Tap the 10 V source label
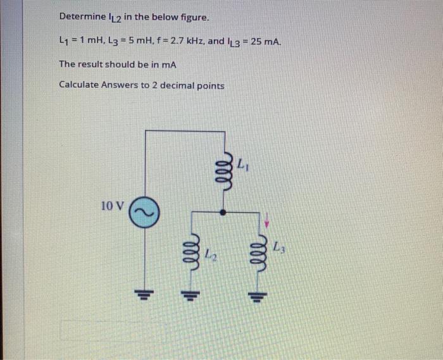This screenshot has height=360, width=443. [113, 206]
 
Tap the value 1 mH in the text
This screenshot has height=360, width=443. [84, 41]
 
